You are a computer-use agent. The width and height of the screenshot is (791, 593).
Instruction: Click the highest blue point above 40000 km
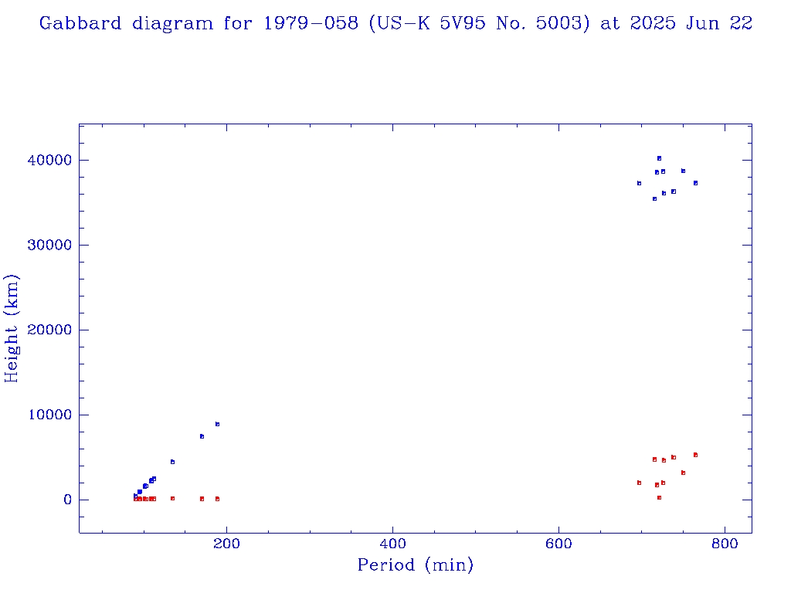click(x=659, y=158)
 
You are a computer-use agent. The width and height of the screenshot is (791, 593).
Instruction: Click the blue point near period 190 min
click(x=217, y=424)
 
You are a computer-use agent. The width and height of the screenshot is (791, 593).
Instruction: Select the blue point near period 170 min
click(x=202, y=436)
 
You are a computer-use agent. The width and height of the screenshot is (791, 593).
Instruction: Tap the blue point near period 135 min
click(x=172, y=462)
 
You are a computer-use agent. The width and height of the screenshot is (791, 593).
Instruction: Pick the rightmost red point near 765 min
click(x=695, y=455)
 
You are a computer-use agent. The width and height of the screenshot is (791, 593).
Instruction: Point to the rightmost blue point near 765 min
click(x=695, y=183)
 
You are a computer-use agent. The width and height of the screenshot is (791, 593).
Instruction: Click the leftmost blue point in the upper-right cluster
click(x=639, y=183)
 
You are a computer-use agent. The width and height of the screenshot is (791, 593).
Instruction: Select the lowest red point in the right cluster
click(x=659, y=497)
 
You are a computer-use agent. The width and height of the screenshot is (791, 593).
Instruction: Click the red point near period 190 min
click(x=217, y=499)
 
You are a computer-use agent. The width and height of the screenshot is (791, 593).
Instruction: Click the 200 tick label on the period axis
click(x=226, y=543)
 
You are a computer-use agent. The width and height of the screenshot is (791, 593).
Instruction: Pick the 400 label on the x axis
click(x=392, y=543)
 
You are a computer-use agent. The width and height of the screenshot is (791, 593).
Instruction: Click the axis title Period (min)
click(x=415, y=566)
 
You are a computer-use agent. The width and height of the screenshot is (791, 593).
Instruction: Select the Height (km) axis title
click(x=12, y=328)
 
